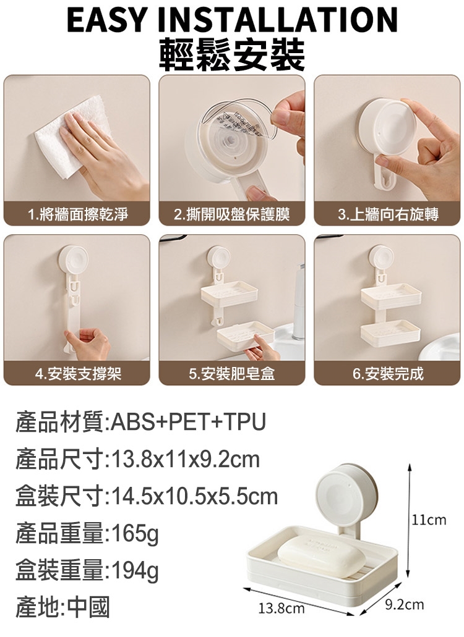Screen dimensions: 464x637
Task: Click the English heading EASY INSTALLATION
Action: point(232,20)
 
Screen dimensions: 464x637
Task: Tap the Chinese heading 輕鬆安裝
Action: point(232,55)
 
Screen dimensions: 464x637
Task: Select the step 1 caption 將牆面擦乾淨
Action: point(84,214)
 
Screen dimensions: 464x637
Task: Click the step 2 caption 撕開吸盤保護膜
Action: point(238,214)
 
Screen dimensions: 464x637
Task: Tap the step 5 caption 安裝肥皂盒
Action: point(238,373)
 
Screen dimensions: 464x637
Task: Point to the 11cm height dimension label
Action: point(429,520)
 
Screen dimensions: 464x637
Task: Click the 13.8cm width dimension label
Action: point(281,608)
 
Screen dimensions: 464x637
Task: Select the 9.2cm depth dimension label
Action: point(404,604)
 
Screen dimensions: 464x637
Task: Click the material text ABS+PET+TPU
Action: point(188,422)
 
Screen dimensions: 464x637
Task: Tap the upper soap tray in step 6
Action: point(390,296)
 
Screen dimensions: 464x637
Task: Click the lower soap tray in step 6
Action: point(390,333)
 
